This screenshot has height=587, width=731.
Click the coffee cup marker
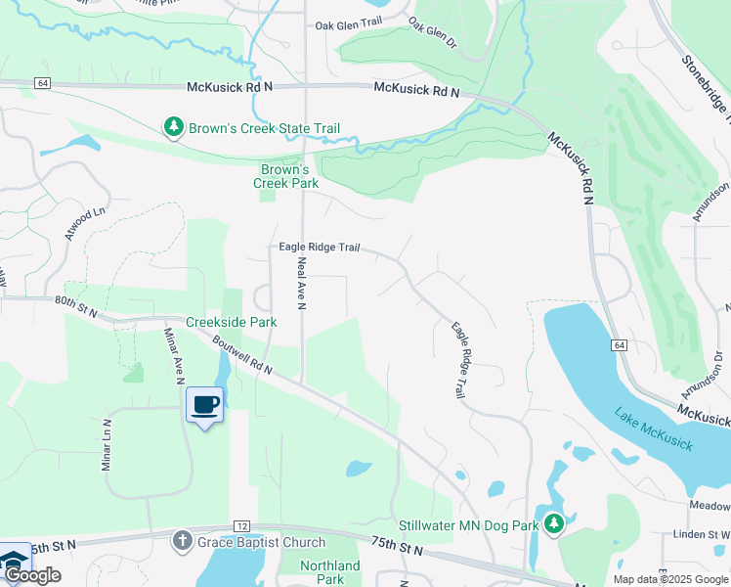204,404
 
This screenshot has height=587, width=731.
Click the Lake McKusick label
654,429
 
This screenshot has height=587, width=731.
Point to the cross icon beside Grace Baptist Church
181,540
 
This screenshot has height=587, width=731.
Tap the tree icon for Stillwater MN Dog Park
554,525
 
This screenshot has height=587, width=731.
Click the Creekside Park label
232,322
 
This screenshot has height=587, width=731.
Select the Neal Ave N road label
302,283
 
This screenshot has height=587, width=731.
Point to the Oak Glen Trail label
347,26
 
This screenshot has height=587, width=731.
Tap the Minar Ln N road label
107,446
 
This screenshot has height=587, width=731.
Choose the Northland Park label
330,572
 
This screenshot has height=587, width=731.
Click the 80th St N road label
76,306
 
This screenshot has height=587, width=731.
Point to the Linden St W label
695,534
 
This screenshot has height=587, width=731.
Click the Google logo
32,575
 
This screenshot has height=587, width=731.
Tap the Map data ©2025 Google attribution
669,579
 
